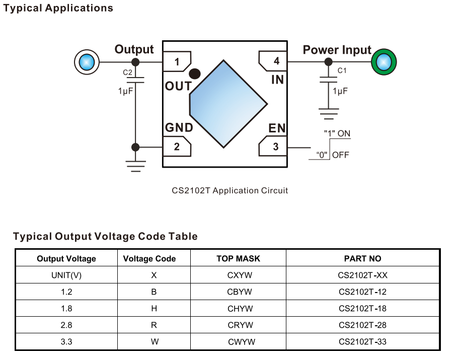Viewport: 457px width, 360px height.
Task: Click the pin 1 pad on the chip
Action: pyautogui.click(x=177, y=62)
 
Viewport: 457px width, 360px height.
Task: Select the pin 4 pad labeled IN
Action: pyautogui.click(x=273, y=61)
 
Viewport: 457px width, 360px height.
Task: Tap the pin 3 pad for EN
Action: pyautogui.click(x=273, y=147)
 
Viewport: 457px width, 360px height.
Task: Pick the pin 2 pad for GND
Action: pyautogui.click(x=177, y=147)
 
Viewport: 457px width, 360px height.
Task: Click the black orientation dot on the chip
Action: pyautogui.click(x=195, y=74)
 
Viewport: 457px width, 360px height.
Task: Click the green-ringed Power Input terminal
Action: pyautogui.click(x=384, y=62)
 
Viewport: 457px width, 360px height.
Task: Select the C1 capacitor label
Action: pyautogui.click(x=342, y=70)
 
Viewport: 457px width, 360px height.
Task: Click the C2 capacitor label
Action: pyautogui.click(x=127, y=73)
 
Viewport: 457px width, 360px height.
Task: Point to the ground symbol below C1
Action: pyautogui.click(x=328, y=113)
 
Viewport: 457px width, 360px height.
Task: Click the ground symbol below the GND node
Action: pyautogui.click(x=135, y=166)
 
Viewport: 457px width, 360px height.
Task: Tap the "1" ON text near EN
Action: pyautogui.click(x=337, y=134)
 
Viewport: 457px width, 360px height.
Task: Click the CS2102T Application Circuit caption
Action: pyautogui.click(x=230, y=190)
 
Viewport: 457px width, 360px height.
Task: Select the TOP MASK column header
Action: pyautogui.click(x=239, y=259)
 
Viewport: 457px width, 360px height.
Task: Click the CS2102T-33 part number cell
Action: pyautogui.click(x=362, y=341)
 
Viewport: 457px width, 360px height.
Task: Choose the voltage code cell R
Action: pyautogui.click(x=154, y=325)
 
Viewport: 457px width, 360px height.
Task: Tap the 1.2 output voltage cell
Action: pyautogui.click(x=66, y=292)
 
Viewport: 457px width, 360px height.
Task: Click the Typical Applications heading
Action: pyautogui.click(x=58, y=9)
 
